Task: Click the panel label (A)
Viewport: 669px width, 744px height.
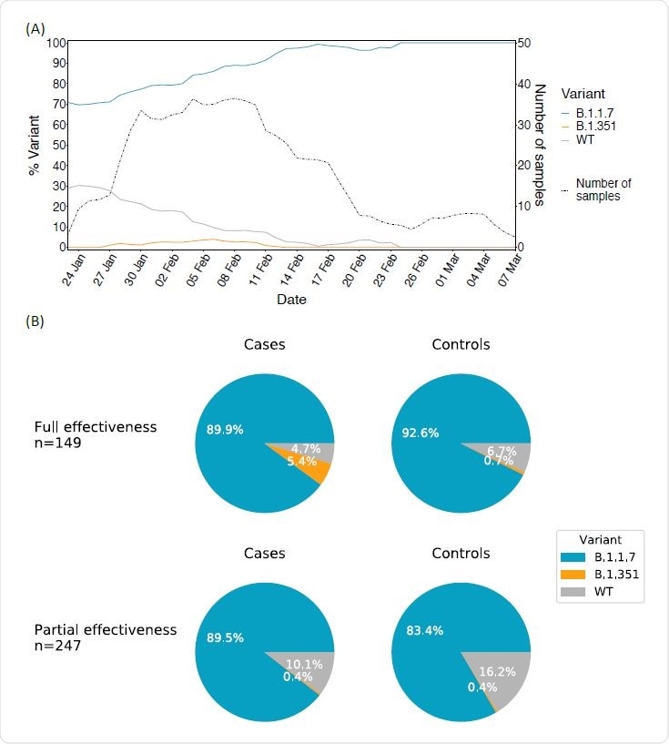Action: coord(35,28)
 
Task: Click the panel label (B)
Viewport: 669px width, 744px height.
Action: coord(35,321)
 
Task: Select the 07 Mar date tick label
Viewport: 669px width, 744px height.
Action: coord(507,270)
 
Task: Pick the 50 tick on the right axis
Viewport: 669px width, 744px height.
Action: coord(524,43)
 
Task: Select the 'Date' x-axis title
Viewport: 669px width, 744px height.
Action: coord(291,299)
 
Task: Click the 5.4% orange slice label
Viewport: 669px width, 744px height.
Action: coord(301,461)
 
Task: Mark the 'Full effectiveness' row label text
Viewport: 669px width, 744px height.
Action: coord(95,426)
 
